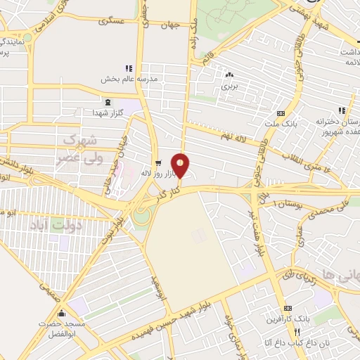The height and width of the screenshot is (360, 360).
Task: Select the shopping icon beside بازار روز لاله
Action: tap(159, 161)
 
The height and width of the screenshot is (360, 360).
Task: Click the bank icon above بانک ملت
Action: tap(281, 114)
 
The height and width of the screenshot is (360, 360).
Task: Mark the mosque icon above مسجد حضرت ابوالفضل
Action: tap(62, 314)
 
